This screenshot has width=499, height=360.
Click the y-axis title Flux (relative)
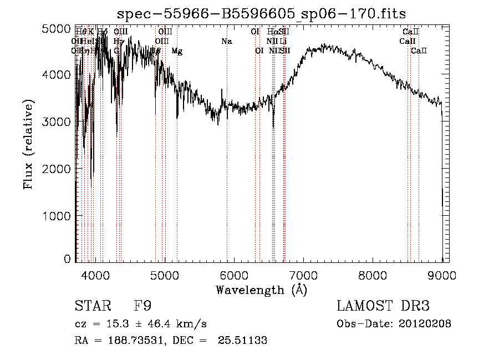28,144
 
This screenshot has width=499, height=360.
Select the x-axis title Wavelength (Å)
261,290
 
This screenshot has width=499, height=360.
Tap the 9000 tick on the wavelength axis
442,275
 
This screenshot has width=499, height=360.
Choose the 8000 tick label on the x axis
372,275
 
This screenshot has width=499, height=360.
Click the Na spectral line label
226,41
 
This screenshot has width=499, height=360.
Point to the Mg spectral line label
177,51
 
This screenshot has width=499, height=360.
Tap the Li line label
283,41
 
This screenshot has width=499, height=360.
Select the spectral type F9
142,306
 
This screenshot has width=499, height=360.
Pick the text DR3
413,306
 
